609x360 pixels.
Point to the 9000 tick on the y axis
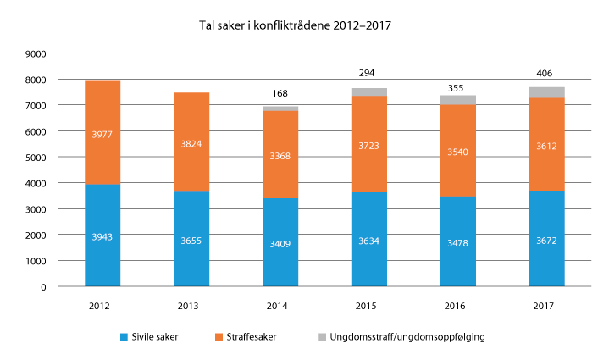pyautogui.click(x=36, y=53)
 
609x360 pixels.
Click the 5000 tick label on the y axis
pyautogui.click(x=36, y=158)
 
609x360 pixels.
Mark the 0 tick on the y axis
pyautogui.click(x=43, y=287)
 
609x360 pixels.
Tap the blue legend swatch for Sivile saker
pyautogui.click(x=125, y=337)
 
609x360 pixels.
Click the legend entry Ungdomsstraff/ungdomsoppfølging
pyautogui.click(x=407, y=337)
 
